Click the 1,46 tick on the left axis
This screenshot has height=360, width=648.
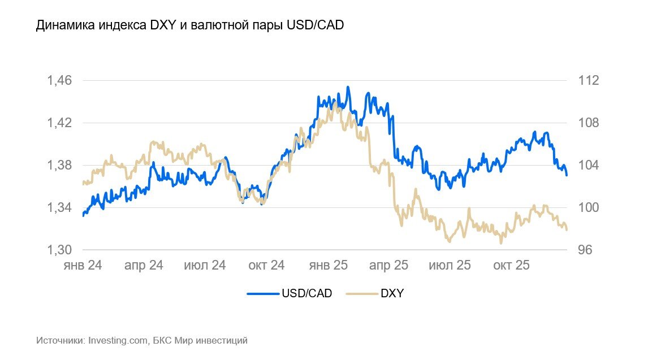pos(60,80)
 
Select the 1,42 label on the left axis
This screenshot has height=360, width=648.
pos(60,123)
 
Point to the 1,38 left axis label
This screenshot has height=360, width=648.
pos(60,165)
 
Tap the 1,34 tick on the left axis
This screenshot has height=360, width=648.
pos(60,207)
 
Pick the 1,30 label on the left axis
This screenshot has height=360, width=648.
pos(60,250)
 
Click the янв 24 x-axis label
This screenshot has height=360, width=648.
pos(83,265)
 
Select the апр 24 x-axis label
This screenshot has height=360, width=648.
pos(144,265)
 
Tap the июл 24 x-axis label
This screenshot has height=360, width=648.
pos(205,265)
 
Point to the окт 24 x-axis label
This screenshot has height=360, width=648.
pos(266,265)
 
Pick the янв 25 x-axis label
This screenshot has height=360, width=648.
pos(327,265)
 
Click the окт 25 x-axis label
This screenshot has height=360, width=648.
pos(511,265)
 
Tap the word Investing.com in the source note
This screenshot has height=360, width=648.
pos(118,341)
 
